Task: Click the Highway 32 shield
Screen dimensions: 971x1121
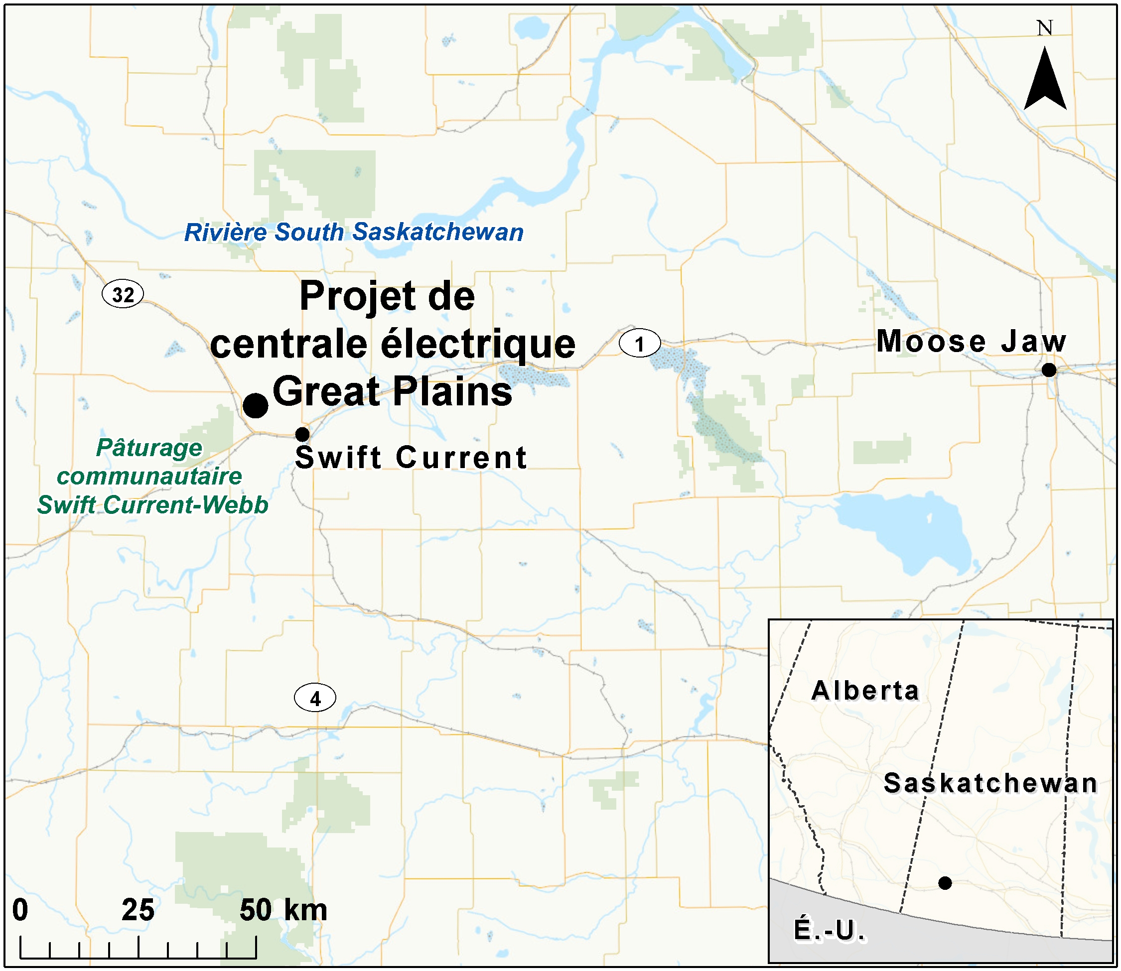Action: [x=123, y=294]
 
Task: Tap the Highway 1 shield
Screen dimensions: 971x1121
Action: [x=640, y=344]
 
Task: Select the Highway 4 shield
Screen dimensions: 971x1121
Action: [x=315, y=699]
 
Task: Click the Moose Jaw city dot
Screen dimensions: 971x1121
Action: [x=1049, y=370]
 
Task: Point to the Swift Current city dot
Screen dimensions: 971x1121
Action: [x=302, y=434]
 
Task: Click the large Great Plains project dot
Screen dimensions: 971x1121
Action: [x=255, y=405]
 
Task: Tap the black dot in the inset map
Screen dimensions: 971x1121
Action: [x=945, y=883]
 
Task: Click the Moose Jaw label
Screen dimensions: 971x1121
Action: [x=972, y=342]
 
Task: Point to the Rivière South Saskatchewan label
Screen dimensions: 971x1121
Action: [x=354, y=233]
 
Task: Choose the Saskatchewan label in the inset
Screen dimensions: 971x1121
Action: [x=990, y=783]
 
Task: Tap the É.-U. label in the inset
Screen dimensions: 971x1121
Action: [x=830, y=930]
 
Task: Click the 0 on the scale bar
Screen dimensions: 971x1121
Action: [x=20, y=910]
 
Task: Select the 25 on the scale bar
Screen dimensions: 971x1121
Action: [x=138, y=910]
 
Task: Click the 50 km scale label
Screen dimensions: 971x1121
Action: [x=283, y=910]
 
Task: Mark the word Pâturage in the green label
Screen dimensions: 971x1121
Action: [x=149, y=448]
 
